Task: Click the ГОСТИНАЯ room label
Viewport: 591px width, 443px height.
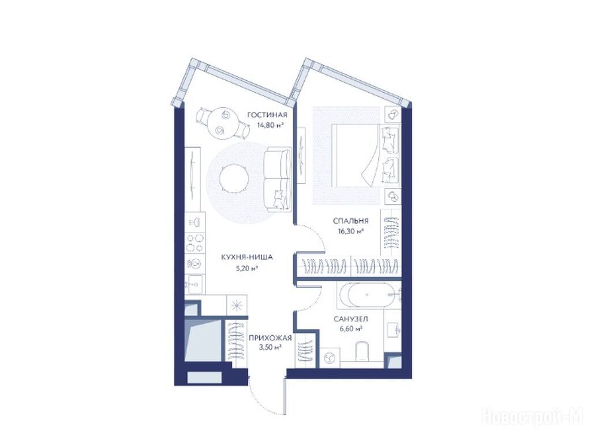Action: [x=267, y=115]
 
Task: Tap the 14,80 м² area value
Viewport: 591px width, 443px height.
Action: [x=270, y=125]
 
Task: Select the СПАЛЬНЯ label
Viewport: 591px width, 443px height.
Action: [x=350, y=221]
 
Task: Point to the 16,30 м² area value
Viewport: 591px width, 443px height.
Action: [x=350, y=232]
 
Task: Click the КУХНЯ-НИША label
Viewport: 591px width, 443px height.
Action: [x=247, y=258]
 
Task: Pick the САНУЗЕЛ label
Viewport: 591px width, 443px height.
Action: [x=351, y=319]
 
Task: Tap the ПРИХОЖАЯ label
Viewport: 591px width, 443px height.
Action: [x=270, y=338]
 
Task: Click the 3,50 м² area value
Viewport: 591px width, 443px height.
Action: [x=270, y=348]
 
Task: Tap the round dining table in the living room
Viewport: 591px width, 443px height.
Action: [x=223, y=123]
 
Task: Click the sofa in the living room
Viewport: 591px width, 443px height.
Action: [x=278, y=179]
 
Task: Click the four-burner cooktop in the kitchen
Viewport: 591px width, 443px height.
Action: [x=195, y=243]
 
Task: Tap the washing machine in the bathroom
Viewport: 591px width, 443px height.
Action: [x=330, y=358]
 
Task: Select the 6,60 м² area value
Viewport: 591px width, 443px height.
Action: [x=351, y=329]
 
